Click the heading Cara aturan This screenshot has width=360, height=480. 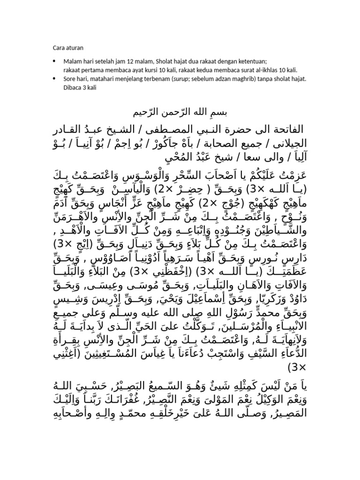tap(67, 47)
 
